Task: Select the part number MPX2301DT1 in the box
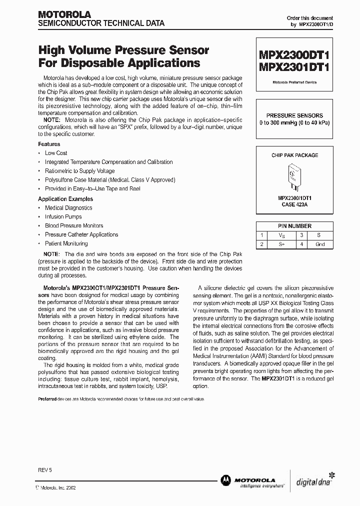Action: [294, 67]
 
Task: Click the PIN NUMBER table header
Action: [294, 226]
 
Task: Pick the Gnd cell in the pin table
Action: [320, 244]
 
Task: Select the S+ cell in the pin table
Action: [281, 244]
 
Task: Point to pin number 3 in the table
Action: [301, 235]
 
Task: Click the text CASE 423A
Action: [294, 204]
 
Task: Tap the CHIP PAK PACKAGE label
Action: [294, 155]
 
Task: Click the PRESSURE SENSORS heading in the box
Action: [294, 115]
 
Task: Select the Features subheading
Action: [49, 144]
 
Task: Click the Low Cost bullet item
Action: [56, 153]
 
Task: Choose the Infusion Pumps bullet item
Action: [63, 216]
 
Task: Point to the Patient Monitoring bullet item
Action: [66, 243]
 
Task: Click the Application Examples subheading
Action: [62, 198]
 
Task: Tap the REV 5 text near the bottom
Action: [45, 471]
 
